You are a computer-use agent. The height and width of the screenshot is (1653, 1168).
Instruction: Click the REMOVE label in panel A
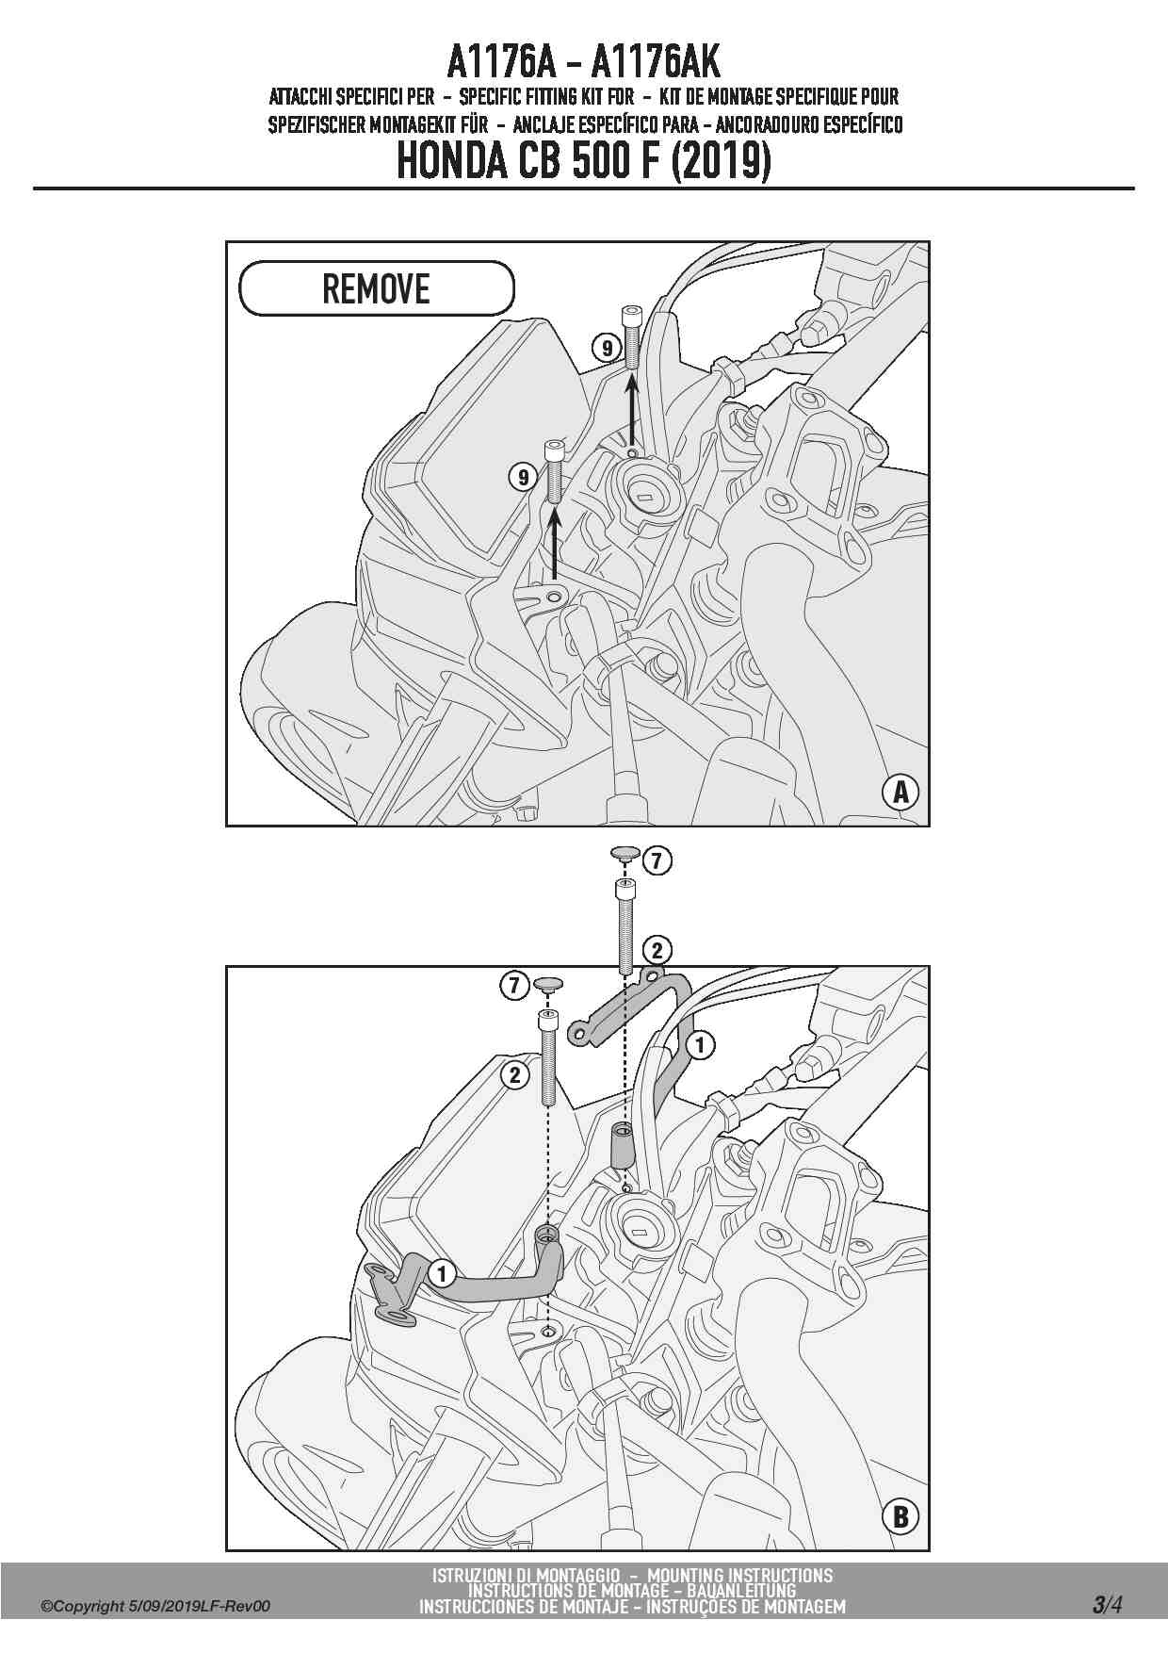click(376, 288)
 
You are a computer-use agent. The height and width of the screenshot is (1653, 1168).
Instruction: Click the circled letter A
click(900, 793)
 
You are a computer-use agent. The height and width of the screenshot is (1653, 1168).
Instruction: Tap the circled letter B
click(900, 1516)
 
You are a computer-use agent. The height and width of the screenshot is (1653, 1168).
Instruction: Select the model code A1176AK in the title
click(656, 62)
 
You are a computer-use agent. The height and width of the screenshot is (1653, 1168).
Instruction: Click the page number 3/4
click(1107, 1604)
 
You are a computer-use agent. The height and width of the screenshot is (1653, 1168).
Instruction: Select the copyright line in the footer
click(155, 1606)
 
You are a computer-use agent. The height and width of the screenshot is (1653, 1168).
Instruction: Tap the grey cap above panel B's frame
click(625, 854)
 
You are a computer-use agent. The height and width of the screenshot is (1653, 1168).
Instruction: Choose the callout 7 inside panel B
click(513, 986)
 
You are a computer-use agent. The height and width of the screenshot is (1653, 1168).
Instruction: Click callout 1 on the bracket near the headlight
click(442, 1274)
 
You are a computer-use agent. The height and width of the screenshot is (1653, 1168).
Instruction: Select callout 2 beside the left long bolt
click(514, 1074)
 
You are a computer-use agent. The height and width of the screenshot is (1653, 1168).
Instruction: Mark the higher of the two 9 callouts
click(607, 348)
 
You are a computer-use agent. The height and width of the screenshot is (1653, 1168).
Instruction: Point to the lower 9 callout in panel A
click(524, 477)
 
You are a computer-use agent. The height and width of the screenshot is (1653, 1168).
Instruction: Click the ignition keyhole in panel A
click(645, 497)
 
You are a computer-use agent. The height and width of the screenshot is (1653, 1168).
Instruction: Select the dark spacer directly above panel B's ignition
click(622, 1144)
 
